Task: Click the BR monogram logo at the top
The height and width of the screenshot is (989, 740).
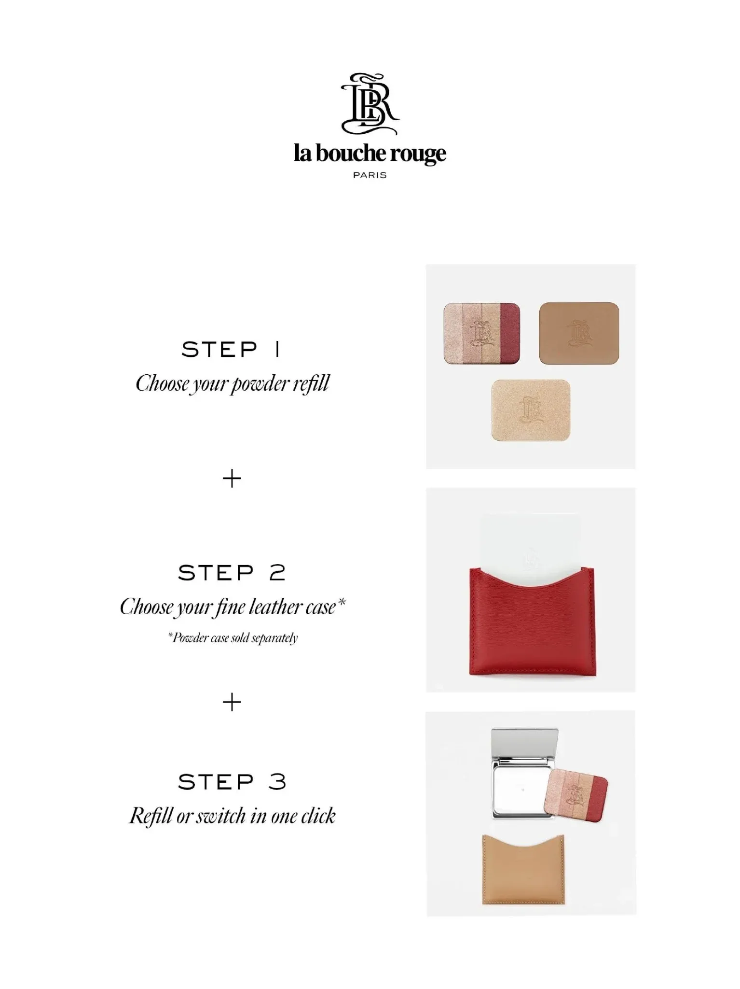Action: (x=370, y=104)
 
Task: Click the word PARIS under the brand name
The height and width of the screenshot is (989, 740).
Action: (x=370, y=175)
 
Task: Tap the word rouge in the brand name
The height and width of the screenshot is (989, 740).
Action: (x=418, y=154)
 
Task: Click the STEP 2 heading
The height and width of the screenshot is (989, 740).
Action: (x=232, y=573)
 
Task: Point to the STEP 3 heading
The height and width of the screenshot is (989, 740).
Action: (x=232, y=782)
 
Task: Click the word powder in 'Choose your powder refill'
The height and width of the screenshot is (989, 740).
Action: (x=260, y=384)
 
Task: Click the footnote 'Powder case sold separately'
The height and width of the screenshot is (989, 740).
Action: (x=233, y=638)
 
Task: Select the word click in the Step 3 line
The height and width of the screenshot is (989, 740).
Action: (x=318, y=816)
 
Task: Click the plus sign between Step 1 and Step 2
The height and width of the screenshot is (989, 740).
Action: (x=232, y=479)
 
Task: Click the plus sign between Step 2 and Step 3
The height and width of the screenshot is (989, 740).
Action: (x=232, y=702)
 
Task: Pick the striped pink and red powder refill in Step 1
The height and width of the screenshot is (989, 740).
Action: (x=481, y=334)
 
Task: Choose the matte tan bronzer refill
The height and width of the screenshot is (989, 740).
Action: (x=579, y=333)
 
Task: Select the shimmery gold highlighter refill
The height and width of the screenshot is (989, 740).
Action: (x=531, y=410)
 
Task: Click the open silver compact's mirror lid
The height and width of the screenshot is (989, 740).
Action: (x=525, y=744)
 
